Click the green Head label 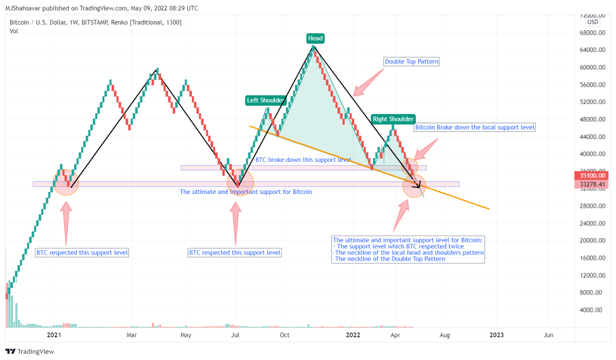click(x=316, y=39)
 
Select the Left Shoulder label click(x=266, y=101)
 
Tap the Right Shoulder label click(x=393, y=119)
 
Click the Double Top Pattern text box click(x=411, y=62)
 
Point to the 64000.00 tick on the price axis click(x=591, y=50)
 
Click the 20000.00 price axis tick click(x=591, y=241)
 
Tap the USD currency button click(x=592, y=22)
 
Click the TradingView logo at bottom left click(x=30, y=352)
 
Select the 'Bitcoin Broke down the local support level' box click(x=475, y=127)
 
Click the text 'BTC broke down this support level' click(x=303, y=160)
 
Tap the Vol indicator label click(x=13, y=31)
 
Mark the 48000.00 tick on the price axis click(x=591, y=119)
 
